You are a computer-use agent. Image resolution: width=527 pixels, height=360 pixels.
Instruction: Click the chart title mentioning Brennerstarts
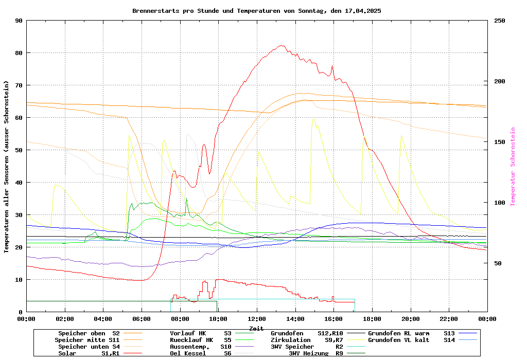point(256,11)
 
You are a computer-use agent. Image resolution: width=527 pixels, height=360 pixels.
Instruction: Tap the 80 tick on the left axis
point(19,53)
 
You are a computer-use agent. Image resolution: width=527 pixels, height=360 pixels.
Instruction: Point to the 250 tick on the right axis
point(500,21)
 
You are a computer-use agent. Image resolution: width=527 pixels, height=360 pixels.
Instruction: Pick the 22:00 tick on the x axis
point(449,319)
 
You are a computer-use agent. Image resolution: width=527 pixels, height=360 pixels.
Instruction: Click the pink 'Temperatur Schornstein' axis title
point(513,167)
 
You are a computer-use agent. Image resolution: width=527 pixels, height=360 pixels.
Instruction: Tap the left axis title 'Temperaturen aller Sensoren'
point(7,167)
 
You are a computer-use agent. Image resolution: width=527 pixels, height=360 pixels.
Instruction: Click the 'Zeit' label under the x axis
point(256,328)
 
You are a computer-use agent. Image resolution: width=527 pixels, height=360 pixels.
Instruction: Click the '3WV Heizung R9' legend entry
point(315,353)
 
